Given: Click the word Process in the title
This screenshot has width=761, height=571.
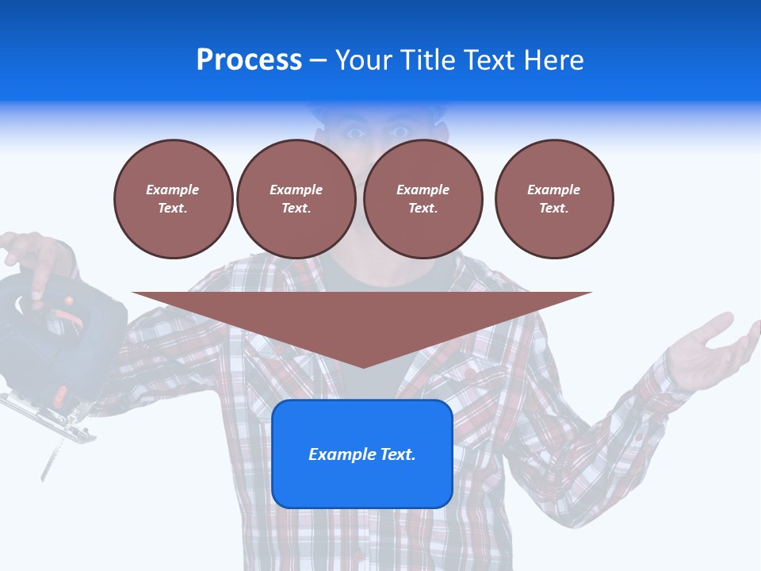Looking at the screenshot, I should tap(249, 59).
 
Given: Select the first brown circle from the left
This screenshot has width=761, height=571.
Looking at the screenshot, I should tap(174, 199).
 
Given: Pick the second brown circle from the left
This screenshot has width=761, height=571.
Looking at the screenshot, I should tap(296, 199).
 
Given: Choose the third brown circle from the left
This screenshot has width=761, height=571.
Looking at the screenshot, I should tap(423, 199).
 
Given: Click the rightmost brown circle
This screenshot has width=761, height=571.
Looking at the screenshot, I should tap(554, 199).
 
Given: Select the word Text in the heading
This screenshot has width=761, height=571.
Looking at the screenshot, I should tap(488, 59).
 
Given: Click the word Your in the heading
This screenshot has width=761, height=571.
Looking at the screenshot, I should tap(364, 59).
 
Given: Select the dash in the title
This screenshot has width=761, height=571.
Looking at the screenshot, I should tap(318, 60).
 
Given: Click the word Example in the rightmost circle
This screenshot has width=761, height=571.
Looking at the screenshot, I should tap(554, 190).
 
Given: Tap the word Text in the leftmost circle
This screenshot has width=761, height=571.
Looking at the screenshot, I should tap(172, 209).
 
